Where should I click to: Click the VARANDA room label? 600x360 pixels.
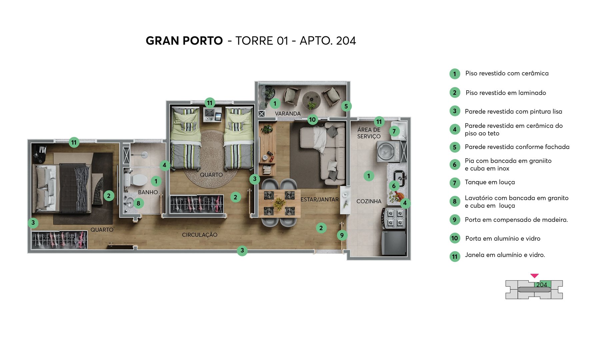[x=288, y=114]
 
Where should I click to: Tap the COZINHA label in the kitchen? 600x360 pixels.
[x=369, y=201]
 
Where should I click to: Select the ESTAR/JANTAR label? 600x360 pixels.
[x=319, y=200]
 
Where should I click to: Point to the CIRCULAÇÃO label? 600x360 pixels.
[x=199, y=235]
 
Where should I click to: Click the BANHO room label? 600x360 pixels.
[x=148, y=192]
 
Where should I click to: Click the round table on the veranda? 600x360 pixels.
[x=311, y=99]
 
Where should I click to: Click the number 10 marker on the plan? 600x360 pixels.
[x=312, y=120]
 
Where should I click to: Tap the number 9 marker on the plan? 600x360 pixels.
[x=342, y=235]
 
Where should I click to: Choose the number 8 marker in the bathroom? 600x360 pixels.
[x=138, y=203]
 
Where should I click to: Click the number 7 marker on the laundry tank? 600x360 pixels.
[x=394, y=131]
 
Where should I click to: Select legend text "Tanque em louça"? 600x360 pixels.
[x=490, y=182]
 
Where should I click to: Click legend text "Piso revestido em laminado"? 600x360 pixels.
[x=506, y=93]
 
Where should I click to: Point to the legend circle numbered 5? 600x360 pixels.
[x=455, y=147]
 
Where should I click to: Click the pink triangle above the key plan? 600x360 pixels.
[x=534, y=276]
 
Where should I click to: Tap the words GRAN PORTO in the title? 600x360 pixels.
[x=184, y=41]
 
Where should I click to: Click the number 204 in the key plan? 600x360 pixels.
[x=542, y=285]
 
